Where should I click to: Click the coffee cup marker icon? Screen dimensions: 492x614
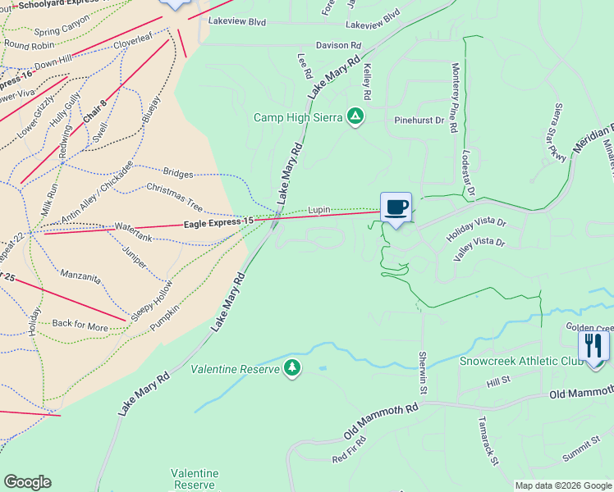(396, 207)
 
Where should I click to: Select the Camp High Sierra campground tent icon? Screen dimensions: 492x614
(355, 117)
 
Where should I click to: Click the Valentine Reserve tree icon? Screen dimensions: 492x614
(291, 368)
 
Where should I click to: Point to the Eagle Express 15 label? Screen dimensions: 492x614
(218, 222)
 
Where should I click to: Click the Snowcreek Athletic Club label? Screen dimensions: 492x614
(520, 361)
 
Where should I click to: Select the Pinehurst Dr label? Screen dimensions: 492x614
(419, 121)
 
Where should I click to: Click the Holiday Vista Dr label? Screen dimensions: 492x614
(477, 229)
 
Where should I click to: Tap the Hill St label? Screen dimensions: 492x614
(498, 381)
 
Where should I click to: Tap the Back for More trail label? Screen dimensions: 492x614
(80, 325)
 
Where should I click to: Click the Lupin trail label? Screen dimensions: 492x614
(319, 210)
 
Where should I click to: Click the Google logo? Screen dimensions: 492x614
(27, 482)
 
